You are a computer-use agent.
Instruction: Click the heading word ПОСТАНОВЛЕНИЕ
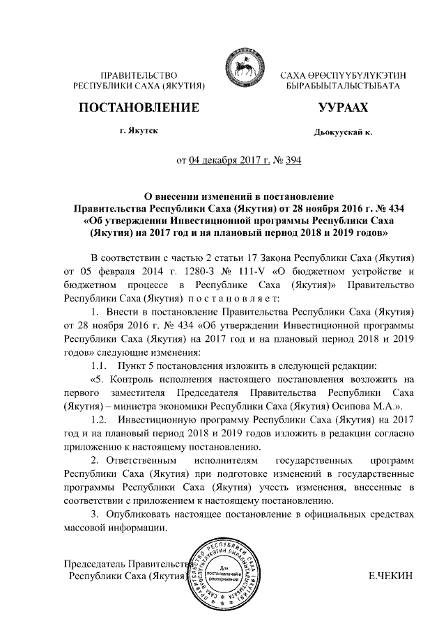(x=140, y=108)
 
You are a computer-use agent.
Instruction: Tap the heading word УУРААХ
(x=343, y=108)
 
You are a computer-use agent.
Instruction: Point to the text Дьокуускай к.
(x=344, y=132)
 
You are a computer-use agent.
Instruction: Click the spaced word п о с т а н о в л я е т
(x=232, y=297)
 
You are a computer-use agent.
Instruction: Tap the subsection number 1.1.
(x=102, y=365)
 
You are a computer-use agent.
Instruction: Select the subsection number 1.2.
(x=102, y=420)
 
